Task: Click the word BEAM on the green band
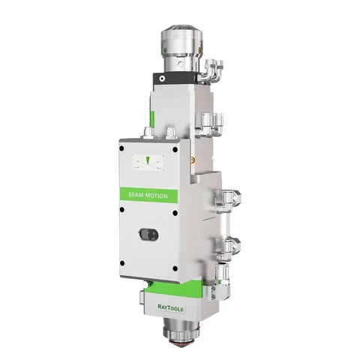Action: coord(136,194)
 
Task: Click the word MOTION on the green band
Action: coord(157,196)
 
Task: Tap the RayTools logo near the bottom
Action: coord(170,307)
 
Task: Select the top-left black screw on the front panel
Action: coord(121,148)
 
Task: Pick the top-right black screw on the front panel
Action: coord(175,150)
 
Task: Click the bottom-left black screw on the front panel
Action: coord(122,263)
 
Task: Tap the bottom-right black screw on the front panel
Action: coord(175,268)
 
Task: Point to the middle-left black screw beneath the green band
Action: coord(122,209)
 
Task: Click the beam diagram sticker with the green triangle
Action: coord(148,163)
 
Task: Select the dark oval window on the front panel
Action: coord(148,235)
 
